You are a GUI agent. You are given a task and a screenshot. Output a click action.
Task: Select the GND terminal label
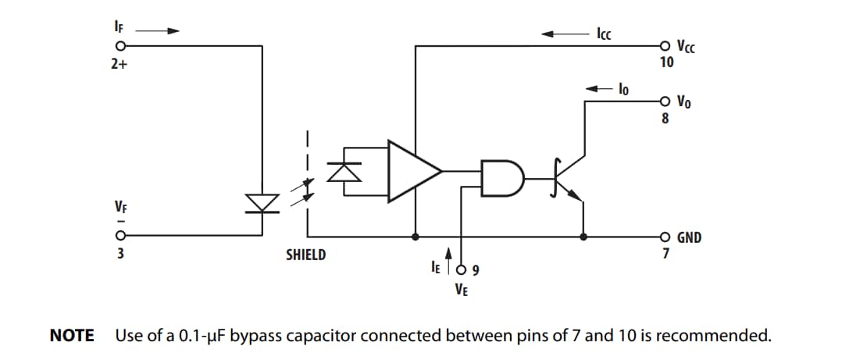(x=689, y=237)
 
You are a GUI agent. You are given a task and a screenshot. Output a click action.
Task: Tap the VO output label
(x=683, y=102)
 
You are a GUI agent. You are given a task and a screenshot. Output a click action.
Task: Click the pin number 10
(x=665, y=62)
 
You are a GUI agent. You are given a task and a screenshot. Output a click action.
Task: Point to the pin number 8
(x=665, y=119)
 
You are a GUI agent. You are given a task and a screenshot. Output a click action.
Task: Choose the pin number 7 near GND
(x=665, y=253)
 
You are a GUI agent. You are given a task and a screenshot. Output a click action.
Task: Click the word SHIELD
(x=306, y=255)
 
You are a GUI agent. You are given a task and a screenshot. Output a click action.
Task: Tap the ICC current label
(x=604, y=34)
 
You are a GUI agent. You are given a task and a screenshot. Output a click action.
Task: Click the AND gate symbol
(x=498, y=178)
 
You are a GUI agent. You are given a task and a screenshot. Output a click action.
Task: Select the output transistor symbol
(x=568, y=179)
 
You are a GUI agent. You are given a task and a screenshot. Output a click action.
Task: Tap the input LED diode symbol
(x=261, y=202)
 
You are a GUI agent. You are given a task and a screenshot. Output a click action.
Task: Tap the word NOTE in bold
(x=72, y=337)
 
